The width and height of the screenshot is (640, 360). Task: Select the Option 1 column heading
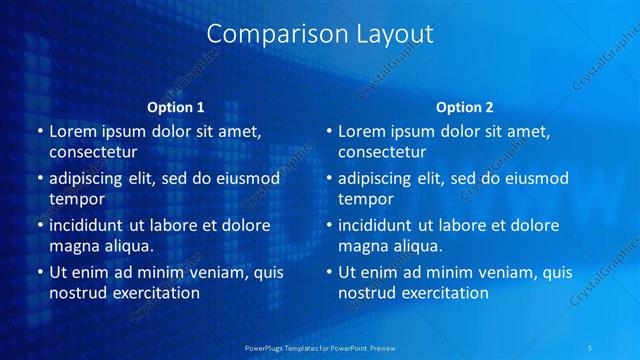[176, 107]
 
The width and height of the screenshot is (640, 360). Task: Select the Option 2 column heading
[465, 107]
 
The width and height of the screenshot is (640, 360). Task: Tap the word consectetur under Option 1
[93, 152]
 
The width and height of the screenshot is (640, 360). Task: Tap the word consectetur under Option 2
[382, 152]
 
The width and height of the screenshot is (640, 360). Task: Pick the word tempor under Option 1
[73, 199]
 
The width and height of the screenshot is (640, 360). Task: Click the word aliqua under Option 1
[125, 245]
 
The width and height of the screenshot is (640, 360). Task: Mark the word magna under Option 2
[361, 245]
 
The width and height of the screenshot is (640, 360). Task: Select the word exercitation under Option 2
[441, 293]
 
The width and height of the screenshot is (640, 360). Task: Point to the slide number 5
[591, 348]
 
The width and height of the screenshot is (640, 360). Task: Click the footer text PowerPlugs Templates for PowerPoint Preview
[319, 348]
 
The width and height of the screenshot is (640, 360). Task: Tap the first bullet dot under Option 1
[39, 131]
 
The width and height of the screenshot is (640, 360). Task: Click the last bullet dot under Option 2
[329, 272]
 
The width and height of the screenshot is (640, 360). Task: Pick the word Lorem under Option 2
[361, 131]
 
